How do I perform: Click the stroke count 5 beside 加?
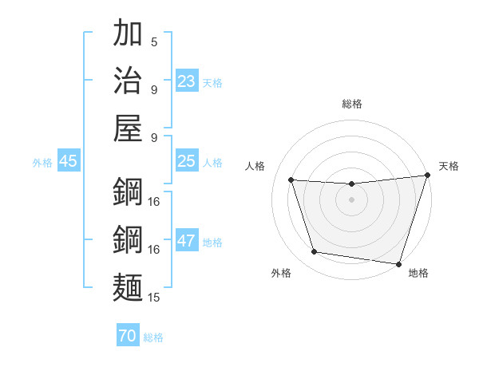click(154, 42)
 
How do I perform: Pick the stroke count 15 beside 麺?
click(154, 298)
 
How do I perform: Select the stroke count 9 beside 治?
click(154, 89)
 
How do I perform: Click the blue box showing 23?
click(187, 81)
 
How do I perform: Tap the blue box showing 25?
click(187, 161)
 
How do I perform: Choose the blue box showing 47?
click(187, 241)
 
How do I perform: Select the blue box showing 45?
click(68, 161)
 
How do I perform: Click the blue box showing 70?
click(127, 337)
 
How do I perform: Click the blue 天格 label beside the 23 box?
click(212, 83)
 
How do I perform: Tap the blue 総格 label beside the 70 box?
click(153, 337)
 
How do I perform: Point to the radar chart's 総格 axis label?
click(351, 104)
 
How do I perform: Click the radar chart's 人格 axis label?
click(255, 166)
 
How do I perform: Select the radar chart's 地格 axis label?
click(418, 273)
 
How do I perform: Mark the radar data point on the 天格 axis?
click(427, 176)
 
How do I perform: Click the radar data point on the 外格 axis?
click(314, 252)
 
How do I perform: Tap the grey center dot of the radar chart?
click(351, 200)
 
